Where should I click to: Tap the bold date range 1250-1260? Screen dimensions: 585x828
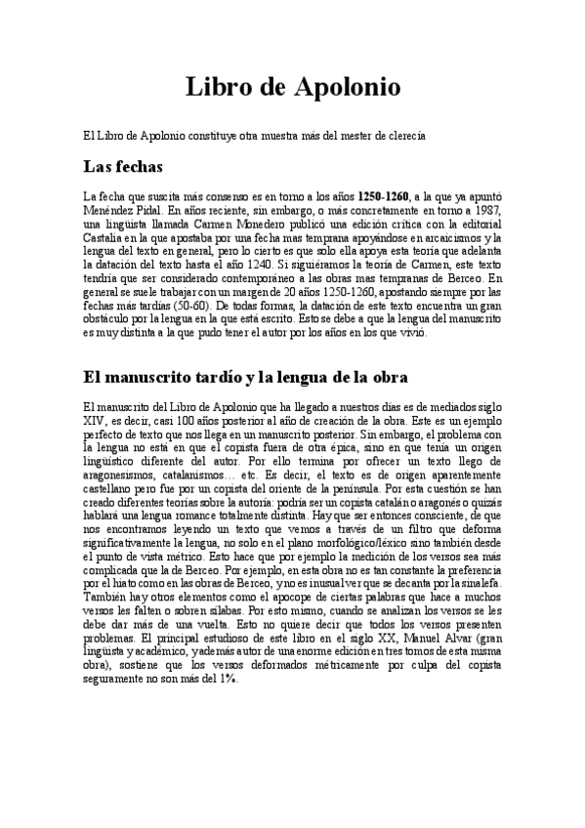tap(385, 195)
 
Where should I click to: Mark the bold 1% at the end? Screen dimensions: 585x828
tap(229, 679)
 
